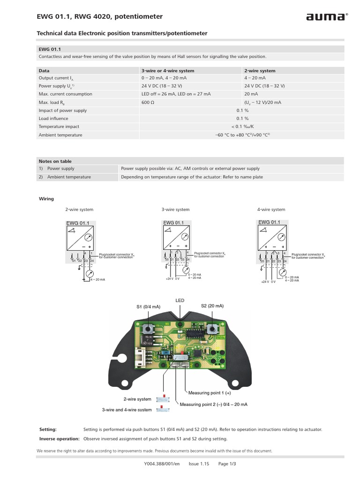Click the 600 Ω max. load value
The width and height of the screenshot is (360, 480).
(147, 102)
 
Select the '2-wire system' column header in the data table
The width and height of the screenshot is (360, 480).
(260, 71)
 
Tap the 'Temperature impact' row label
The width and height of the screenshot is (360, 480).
(59, 127)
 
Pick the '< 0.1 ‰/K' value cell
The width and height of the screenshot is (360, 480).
(242, 127)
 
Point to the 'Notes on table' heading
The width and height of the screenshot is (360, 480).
(55, 161)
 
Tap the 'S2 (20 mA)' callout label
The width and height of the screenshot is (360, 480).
(212, 306)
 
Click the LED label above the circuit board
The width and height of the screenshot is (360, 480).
(180, 300)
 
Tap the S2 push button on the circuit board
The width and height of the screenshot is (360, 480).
(213, 328)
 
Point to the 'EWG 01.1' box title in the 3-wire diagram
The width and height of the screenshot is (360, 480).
(173, 223)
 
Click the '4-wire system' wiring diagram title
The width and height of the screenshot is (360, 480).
(271, 210)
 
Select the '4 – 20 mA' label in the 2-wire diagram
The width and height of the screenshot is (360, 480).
(97, 279)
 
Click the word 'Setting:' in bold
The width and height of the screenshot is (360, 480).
(48, 429)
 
